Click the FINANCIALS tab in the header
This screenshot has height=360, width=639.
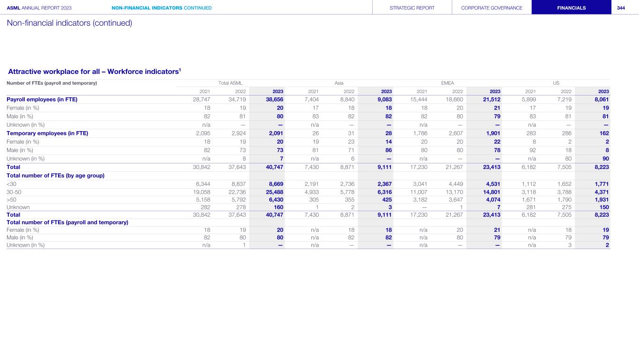tap(571, 7)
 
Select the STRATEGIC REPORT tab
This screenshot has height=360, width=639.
tap(412, 7)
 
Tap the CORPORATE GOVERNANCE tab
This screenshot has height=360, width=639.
tap(492, 7)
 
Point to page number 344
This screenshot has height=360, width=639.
tap(621, 7)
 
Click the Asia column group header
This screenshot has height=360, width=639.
tap(339, 83)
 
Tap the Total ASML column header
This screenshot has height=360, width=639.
tap(230, 83)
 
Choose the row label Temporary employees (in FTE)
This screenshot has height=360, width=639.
tap(47, 133)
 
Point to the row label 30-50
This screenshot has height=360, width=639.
tap(14, 192)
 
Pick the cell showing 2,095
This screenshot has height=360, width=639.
tap(202, 133)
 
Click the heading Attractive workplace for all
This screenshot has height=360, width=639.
tap(94, 71)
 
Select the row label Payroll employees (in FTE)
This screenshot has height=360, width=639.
tap(42, 99)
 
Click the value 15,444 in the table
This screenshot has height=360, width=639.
tap(419, 99)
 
